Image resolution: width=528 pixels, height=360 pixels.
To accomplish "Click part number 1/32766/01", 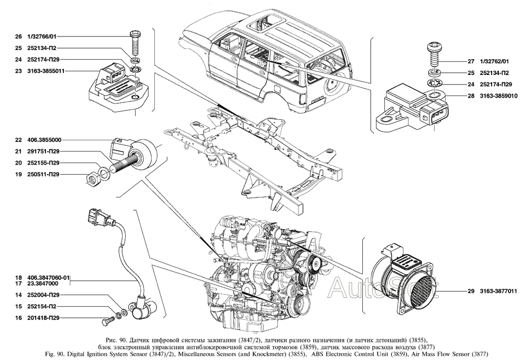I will tap(42, 37).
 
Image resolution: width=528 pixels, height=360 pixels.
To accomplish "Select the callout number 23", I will tap(18, 71).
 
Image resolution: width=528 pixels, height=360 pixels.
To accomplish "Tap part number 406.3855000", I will tap(45, 140).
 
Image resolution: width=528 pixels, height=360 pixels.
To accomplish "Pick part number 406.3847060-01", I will tap(50, 277).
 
